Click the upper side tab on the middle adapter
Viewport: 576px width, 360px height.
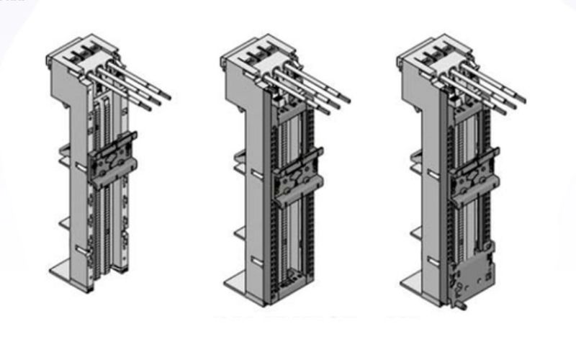click(240, 156)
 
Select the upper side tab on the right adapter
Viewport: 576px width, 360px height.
click(416, 157)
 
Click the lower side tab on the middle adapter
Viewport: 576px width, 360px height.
click(240, 232)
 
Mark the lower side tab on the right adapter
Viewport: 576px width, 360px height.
click(416, 232)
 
